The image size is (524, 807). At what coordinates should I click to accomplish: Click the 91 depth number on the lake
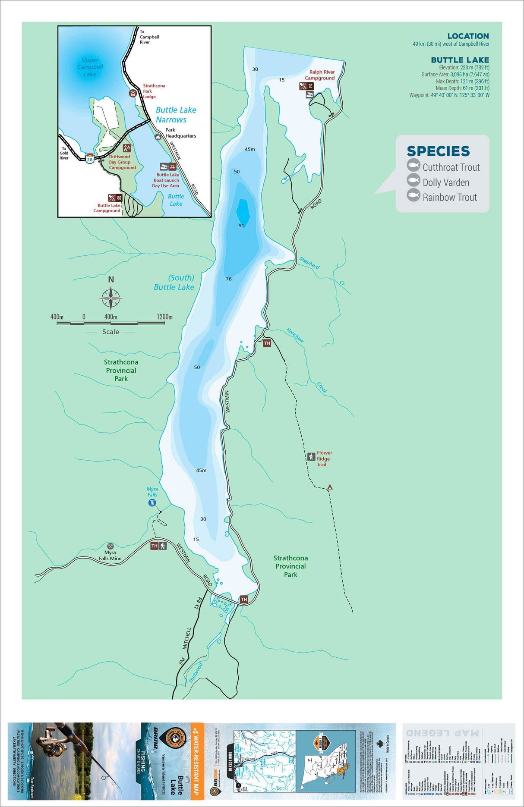pos(241,226)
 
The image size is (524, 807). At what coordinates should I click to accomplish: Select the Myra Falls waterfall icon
pos(152,503)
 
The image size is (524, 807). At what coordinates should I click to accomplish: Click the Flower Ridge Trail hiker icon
pos(311,456)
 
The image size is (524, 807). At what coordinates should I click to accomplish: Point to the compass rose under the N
pos(111,298)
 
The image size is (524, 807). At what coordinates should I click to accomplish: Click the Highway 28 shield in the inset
pos(89,159)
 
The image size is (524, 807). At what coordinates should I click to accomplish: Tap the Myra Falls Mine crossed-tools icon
pos(110,546)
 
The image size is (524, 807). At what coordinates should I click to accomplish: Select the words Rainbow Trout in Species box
pos(450,197)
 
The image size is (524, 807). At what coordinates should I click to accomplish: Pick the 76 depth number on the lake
pos(229,279)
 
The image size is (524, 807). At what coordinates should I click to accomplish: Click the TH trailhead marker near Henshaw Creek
pos(267,343)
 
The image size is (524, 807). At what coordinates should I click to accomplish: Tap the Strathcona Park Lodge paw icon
pos(133,93)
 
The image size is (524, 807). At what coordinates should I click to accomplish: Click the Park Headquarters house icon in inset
pos(158,137)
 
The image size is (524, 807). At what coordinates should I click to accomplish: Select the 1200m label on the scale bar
pos(164,317)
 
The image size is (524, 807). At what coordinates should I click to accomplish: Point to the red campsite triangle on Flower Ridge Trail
pos(330,487)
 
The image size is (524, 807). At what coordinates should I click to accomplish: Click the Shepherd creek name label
pos(309,263)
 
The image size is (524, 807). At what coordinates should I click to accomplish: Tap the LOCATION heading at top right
pos(468,36)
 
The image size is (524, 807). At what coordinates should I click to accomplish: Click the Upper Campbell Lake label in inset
pos(90,67)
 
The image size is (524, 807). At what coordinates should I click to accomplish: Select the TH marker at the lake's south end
pos(244,600)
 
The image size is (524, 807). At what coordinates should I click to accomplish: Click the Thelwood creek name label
pos(196,673)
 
